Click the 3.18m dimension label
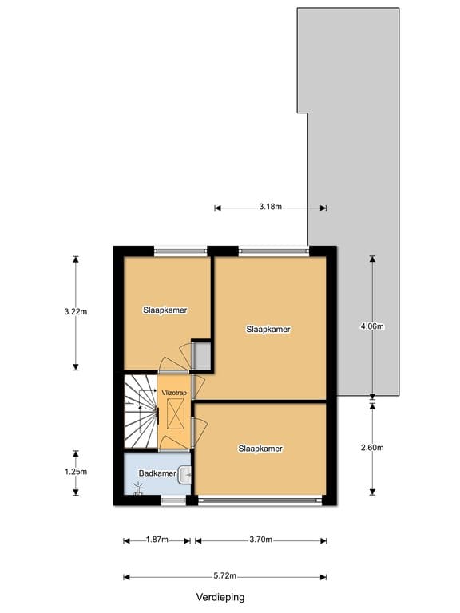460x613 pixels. (x=270, y=207)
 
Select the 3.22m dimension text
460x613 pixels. (x=76, y=312)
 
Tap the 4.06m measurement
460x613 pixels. (x=372, y=326)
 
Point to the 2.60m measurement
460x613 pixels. (x=372, y=447)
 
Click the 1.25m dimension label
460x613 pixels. (x=76, y=472)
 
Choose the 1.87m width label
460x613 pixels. (x=157, y=541)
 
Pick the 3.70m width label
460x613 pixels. (x=260, y=541)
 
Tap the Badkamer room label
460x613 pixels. (x=157, y=474)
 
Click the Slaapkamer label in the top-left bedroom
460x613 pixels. (x=165, y=310)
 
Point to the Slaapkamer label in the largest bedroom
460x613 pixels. (x=268, y=329)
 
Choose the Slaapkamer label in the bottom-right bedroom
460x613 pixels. (x=260, y=449)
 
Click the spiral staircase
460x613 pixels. (x=141, y=412)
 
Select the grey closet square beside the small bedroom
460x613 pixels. (x=201, y=356)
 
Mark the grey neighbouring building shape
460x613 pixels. (x=359, y=160)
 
